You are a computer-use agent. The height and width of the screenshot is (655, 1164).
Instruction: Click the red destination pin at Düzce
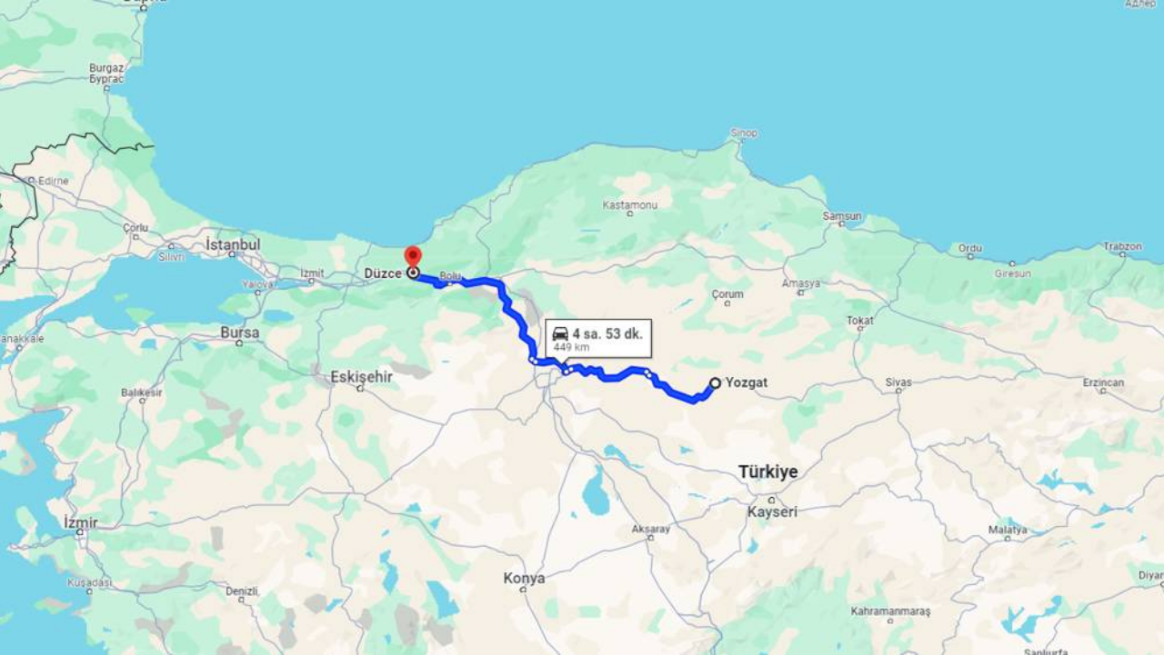pos(413,255)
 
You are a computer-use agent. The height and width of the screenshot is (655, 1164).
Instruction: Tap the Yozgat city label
pos(747,382)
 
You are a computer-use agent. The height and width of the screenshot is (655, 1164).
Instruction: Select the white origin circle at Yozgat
pos(715,383)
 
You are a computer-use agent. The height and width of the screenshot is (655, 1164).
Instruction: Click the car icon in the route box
pos(560,334)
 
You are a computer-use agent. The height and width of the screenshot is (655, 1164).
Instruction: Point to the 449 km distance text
pos(571,348)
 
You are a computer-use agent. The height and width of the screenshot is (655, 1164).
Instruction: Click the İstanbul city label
pos(233,244)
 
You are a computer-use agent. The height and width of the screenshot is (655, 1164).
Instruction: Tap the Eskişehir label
pos(361,376)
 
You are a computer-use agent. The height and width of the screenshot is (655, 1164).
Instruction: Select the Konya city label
pos(524,578)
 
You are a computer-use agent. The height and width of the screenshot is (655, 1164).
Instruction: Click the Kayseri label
pos(772,511)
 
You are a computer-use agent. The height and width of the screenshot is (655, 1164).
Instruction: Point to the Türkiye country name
pos(768,471)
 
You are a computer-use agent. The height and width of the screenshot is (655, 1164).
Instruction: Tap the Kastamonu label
pos(629,205)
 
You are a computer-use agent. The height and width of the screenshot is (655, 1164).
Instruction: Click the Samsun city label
pos(841,216)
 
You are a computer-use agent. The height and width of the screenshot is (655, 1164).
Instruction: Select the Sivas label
pos(898,382)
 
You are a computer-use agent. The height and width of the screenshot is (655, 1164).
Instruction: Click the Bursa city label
pos(239,332)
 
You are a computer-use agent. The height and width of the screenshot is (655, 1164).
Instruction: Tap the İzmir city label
pos(80,522)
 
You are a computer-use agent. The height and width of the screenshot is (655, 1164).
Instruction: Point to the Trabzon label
pos(1122,246)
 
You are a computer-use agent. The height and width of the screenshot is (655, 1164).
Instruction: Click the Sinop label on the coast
pos(743,134)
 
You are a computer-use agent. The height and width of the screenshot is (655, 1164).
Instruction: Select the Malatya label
pos(1008,530)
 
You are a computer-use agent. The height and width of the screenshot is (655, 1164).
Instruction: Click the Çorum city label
pos(727,294)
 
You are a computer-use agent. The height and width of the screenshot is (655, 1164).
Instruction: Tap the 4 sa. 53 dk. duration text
pos(607,333)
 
